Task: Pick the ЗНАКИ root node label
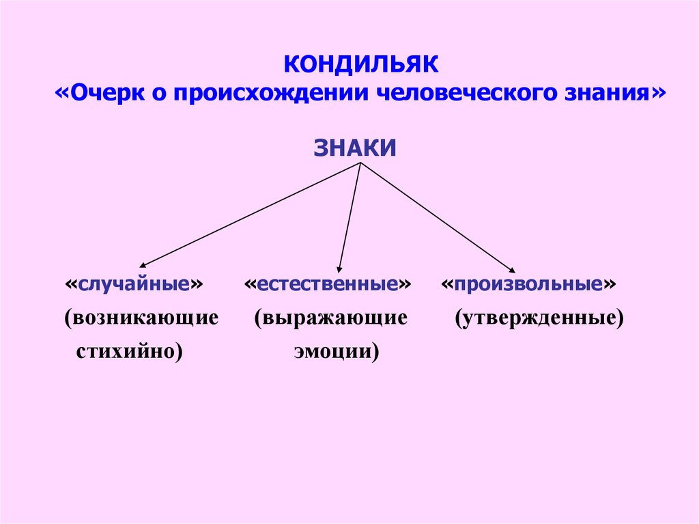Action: [x=355, y=148]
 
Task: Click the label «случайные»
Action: [x=135, y=284]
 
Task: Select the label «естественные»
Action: [x=328, y=284]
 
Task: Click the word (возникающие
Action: [x=142, y=318]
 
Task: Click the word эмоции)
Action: [x=337, y=352]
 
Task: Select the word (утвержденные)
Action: [x=539, y=318]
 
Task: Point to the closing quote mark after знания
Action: [x=657, y=92]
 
